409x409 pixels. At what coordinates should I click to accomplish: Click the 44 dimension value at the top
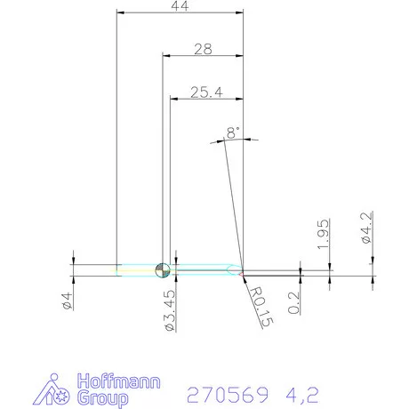[x=180, y=6]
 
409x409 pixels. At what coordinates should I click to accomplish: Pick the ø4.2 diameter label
[x=367, y=227]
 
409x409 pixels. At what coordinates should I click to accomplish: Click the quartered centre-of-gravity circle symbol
[x=161, y=270]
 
